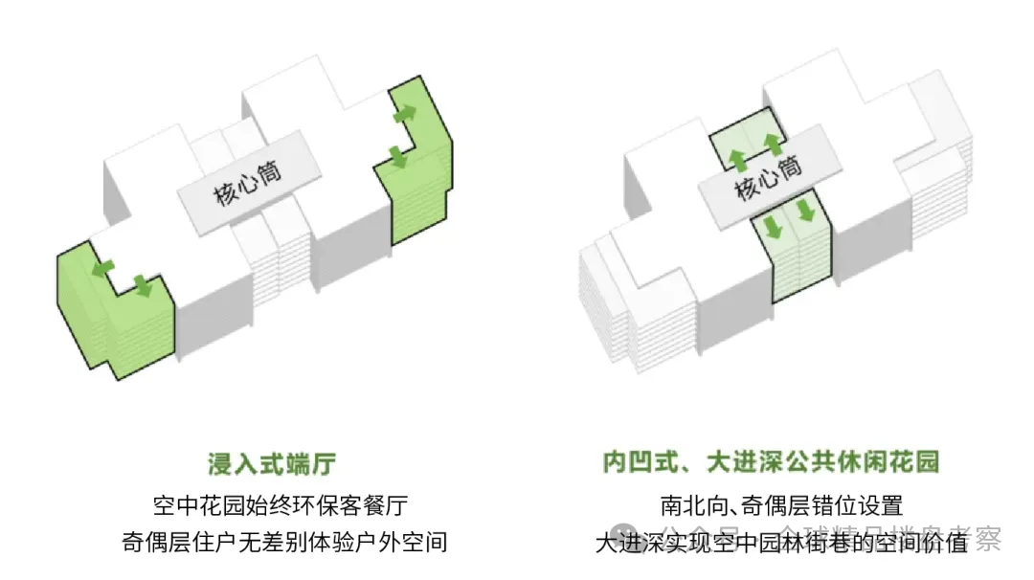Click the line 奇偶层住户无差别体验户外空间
pos(285,542)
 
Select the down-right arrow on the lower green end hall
pos(144,284)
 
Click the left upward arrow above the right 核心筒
pos(737,159)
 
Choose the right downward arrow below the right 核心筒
pos(807,209)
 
